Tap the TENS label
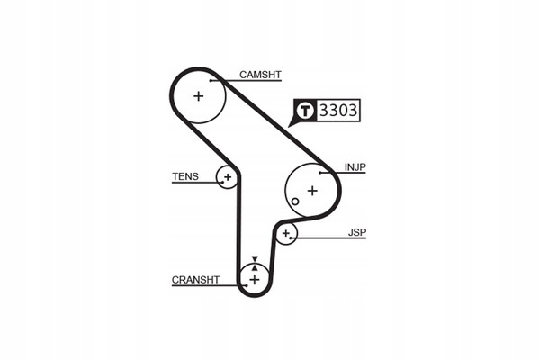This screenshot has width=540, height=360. [x=185, y=176]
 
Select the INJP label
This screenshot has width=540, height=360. [x=355, y=166]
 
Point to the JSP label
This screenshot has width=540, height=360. [x=357, y=232]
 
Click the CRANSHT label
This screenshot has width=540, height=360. [x=195, y=280]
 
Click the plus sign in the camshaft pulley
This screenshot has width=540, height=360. [x=199, y=95]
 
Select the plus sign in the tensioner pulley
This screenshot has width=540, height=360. [x=228, y=177]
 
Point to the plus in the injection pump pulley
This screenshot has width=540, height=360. [x=312, y=190]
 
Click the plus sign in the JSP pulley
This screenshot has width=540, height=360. [x=286, y=234]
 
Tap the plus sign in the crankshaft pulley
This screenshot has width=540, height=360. [x=255, y=280]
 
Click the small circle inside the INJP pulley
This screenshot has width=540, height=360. [x=294, y=201]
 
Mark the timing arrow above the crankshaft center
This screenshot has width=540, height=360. [x=255, y=260]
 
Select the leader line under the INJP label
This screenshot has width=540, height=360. [x=346, y=173]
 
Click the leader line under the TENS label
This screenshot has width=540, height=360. [x=194, y=183]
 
